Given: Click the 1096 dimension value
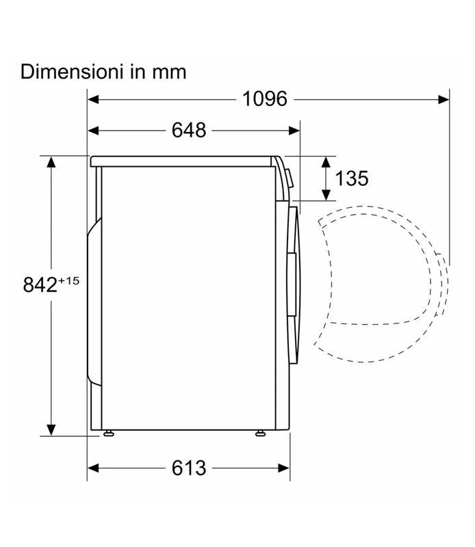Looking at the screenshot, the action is pos(265,99).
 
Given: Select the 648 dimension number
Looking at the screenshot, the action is pos(189,131).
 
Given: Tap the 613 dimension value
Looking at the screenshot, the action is pos(189,468).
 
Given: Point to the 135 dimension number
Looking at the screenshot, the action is pos(351,178).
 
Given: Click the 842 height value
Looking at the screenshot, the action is pos(40,284).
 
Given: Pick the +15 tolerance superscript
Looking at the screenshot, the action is pos(69,280).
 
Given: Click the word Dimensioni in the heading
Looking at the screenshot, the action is pos(72,72).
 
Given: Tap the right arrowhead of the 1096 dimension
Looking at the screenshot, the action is pos(444,100).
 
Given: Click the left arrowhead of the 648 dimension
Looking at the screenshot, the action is pos(93,131).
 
